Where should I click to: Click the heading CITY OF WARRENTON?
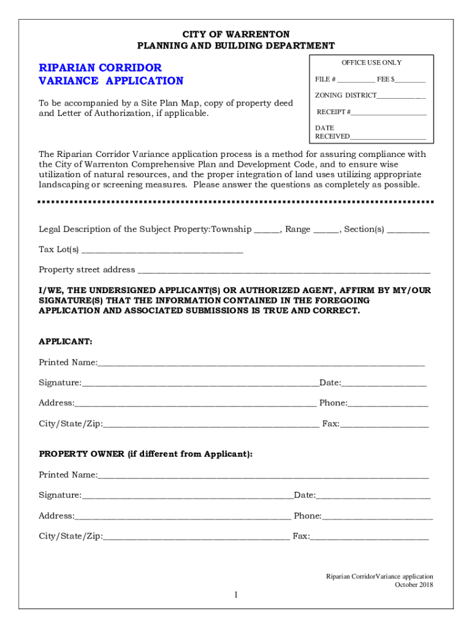(x=236, y=34)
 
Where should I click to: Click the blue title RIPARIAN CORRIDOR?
(x=100, y=67)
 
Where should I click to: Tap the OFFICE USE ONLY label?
(x=371, y=63)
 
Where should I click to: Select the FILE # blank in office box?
(x=356, y=80)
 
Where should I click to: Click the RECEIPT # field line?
(x=389, y=113)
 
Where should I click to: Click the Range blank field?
(x=326, y=231)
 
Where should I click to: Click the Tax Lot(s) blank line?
(x=162, y=251)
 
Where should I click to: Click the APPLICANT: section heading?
(x=66, y=342)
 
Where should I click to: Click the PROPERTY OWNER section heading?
(x=145, y=454)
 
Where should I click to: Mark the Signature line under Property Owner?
(x=188, y=496)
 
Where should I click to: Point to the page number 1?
(x=235, y=595)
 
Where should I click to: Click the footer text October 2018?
(x=414, y=585)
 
